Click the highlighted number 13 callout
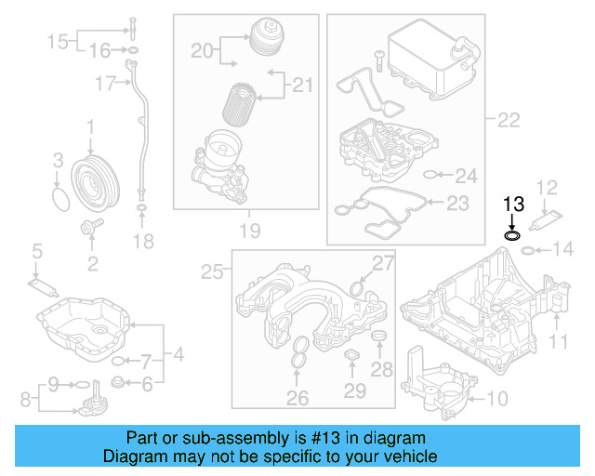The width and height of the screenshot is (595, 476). (513, 204)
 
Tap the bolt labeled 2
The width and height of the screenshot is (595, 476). (92, 226)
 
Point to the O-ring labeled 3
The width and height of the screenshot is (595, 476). (59, 199)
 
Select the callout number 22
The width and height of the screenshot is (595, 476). (509, 119)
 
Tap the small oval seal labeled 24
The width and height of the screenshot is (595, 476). (430, 174)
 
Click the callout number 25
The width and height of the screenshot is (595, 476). (213, 271)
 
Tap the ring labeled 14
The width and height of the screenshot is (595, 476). (526, 249)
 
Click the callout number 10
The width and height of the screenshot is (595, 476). (497, 400)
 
